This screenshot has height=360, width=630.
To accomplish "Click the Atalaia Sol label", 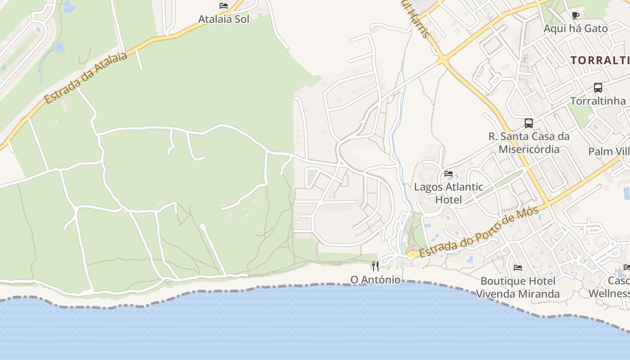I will point(224,19).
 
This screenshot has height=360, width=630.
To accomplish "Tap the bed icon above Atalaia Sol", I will point(224,6).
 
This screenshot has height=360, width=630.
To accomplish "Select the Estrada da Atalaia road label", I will point(86,77).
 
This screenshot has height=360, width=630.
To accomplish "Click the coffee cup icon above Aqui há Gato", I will point(575,16).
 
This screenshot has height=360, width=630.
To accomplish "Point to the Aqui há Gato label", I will point(576,28).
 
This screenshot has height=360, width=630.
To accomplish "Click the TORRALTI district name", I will point(600,60).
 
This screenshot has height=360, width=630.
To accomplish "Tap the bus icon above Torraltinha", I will point(598,88).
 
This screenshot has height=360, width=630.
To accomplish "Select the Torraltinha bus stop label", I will point(598,101).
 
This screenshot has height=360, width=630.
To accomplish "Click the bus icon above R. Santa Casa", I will point(529,123).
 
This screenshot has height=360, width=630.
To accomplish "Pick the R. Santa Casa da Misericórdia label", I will point(529,143).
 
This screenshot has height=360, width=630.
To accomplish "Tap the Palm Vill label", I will point(608,151).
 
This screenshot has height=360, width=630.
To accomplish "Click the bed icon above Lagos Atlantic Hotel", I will point(449,174).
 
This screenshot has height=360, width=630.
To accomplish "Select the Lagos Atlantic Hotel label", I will point(449,193).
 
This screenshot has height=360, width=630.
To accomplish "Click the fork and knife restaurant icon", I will point(375,266).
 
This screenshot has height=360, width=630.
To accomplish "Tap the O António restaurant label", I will point(375,279).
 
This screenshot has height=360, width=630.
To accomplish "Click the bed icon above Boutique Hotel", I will point(518,268).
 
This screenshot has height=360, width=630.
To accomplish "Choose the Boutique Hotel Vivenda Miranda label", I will point(518,288).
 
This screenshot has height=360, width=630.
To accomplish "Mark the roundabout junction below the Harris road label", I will point(443,59).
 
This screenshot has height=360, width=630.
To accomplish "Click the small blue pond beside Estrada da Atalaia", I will point(59,47).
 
